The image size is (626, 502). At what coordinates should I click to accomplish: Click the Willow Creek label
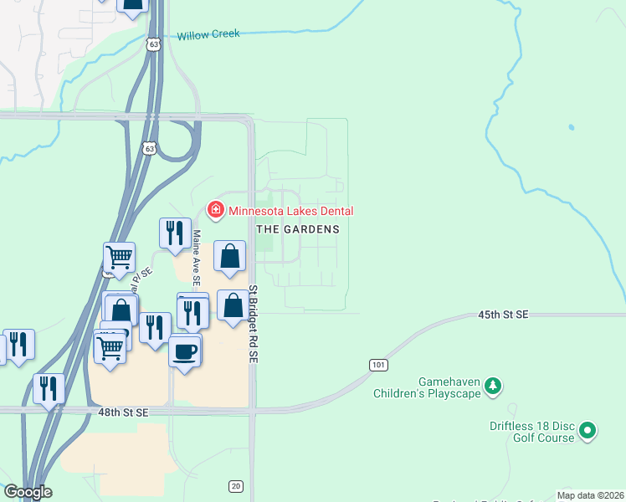[x=208, y=35]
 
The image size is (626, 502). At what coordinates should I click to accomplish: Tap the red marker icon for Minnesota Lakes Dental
[x=215, y=209]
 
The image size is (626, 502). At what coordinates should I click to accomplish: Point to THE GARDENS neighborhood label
[x=298, y=229]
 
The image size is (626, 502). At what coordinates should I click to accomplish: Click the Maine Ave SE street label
[x=198, y=259]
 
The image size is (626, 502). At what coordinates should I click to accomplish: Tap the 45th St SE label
[x=503, y=315]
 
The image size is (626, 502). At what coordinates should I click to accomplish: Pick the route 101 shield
[x=377, y=366]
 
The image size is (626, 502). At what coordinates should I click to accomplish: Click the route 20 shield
[x=236, y=487]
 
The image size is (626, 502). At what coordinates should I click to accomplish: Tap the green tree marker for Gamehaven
[x=495, y=385]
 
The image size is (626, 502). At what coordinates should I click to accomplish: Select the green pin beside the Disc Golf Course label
[x=588, y=431]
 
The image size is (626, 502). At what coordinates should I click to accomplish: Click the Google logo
[x=28, y=492]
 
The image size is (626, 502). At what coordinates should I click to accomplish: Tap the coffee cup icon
[x=185, y=351]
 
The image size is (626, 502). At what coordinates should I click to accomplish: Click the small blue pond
[x=571, y=128]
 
